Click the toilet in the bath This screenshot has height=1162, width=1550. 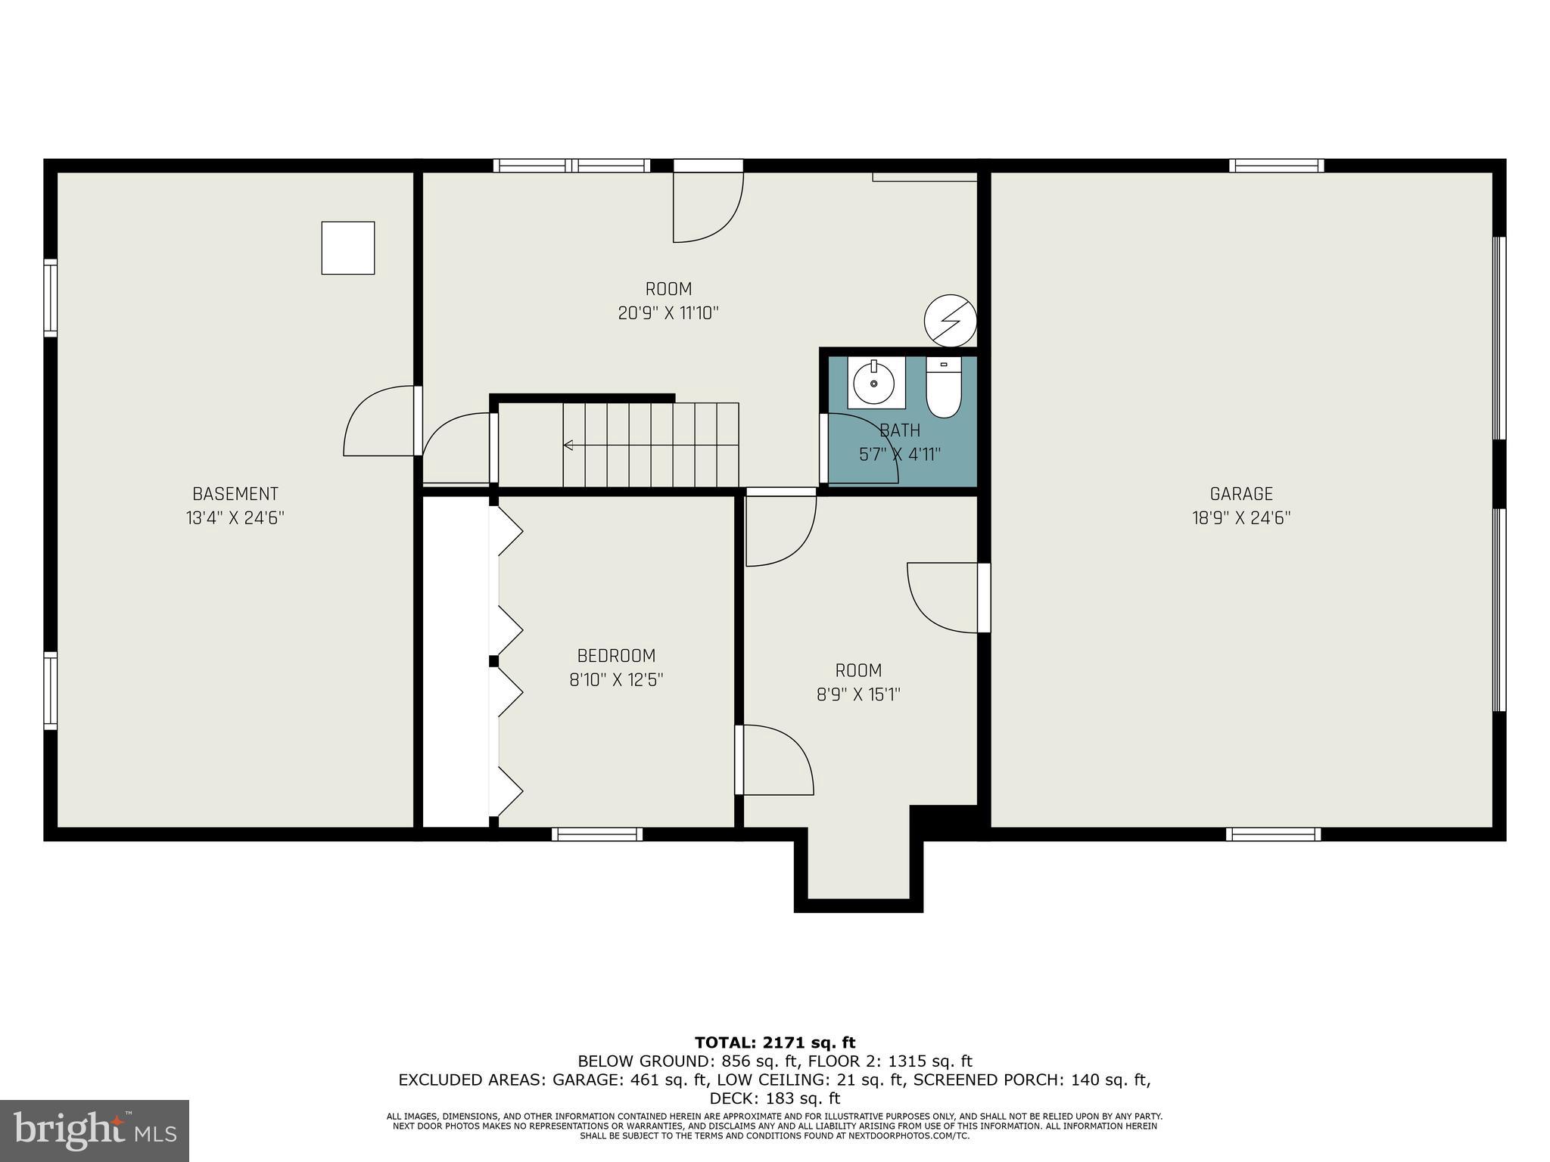(x=943, y=389)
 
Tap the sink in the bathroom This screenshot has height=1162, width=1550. (x=876, y=383)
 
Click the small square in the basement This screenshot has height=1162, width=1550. (x=348, y=247)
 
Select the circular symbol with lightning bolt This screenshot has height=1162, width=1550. (x=951, y=321)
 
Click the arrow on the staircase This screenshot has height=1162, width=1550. (x=568, y=445)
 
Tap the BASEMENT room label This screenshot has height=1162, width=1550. (x=235, y=494)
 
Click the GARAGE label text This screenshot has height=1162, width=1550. (x=1241, y=494)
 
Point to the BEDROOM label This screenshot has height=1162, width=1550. (x=616, y=656)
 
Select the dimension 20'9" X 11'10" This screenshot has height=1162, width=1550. (x=668, y=313)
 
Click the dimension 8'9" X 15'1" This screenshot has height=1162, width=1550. (x=858, y=694)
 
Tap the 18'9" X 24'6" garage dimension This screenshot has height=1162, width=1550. (x=1241, y=518)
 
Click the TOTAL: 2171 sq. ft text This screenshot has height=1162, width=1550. (x=775, y=1043)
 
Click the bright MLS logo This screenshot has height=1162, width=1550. (x=95, y=1130)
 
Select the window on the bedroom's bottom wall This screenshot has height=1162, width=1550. (x=597, y=834)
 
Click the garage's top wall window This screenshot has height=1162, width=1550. (x=1276, y=165)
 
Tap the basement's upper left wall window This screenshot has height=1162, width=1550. (x=50, y=297)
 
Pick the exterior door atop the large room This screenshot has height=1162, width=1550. (x=708, y=165)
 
